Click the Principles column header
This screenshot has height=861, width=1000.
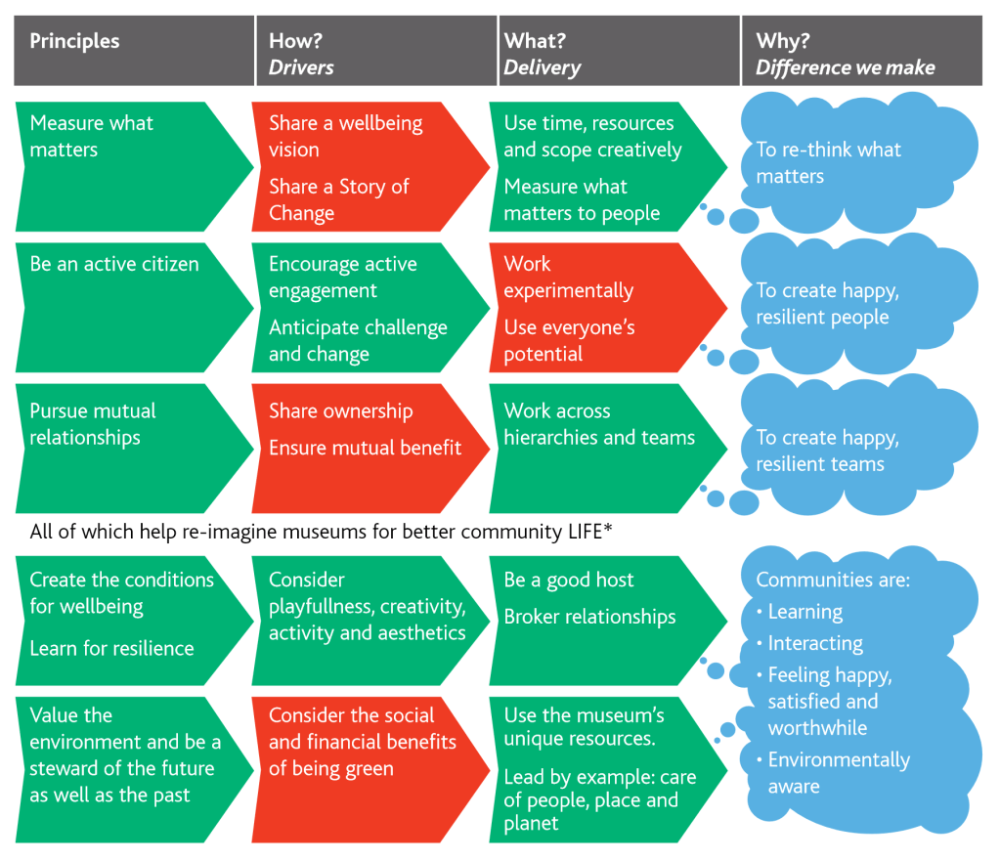click(133, 51)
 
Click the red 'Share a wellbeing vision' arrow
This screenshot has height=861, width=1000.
click(362, 167)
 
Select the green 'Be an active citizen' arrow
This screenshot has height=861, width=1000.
click(127, 309)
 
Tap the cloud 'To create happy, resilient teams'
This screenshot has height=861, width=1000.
click(850, 451)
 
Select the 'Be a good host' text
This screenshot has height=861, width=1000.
click(568, 580)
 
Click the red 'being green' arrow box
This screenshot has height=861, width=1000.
click(362, 768)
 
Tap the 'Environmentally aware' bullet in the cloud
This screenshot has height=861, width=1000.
click(839, 773)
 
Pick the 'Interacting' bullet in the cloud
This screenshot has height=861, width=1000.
click(815, 643)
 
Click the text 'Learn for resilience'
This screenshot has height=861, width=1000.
click(111, 648)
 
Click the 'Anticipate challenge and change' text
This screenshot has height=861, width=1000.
click(358, 340)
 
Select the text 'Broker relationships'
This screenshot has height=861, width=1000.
click(589, 617)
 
